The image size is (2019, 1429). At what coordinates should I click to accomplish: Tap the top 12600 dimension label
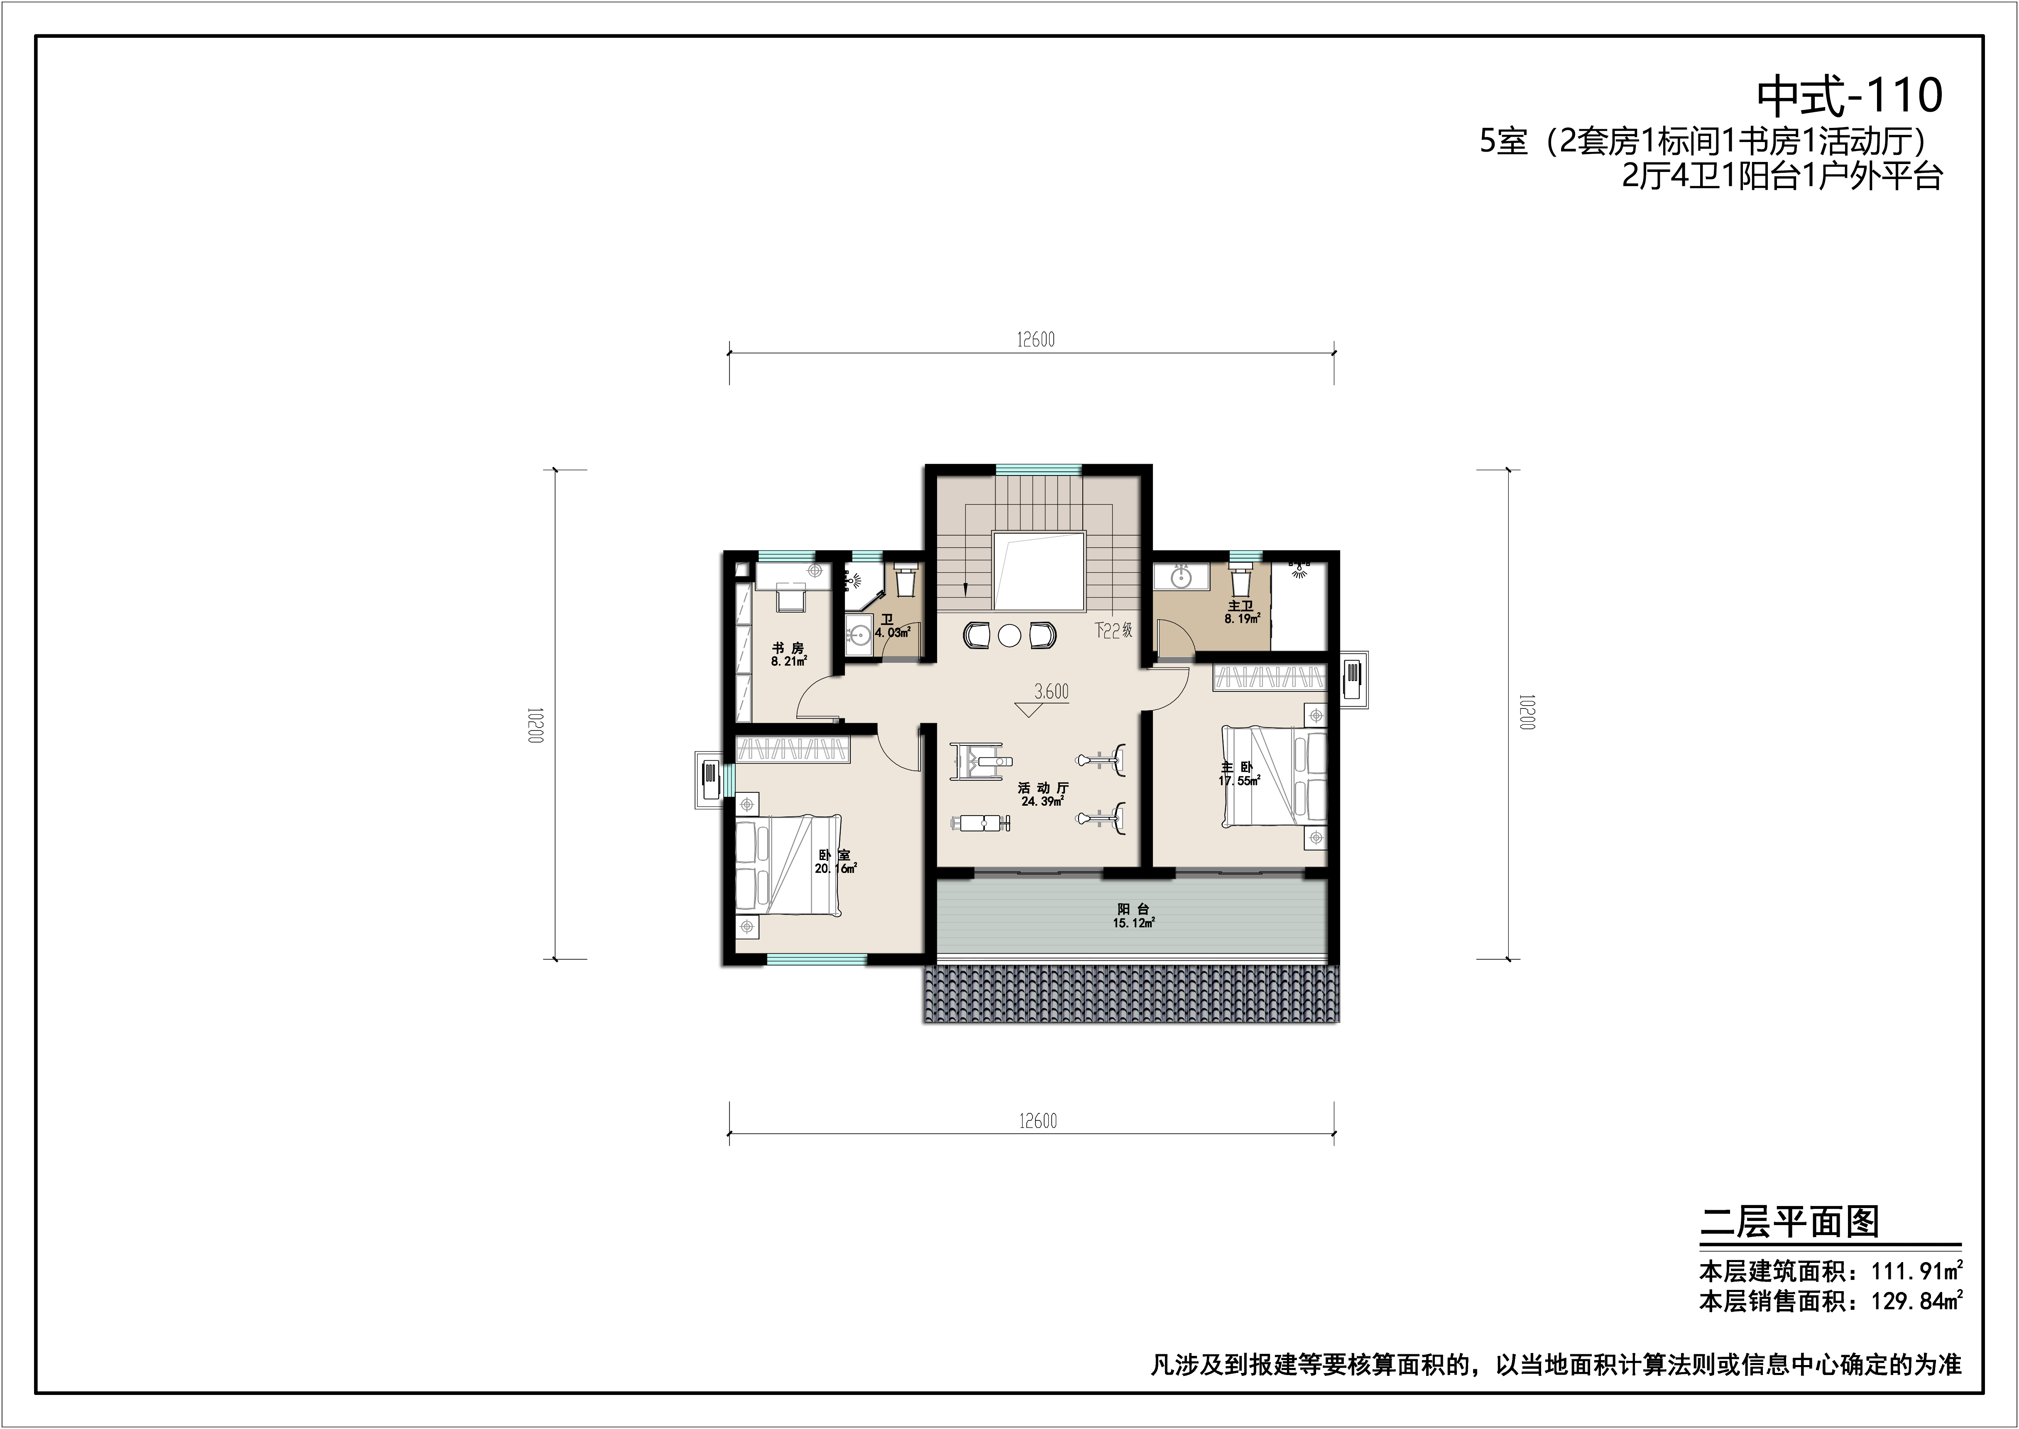click(1035, 340)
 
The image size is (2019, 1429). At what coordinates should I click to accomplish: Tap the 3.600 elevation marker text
click(1051, 691)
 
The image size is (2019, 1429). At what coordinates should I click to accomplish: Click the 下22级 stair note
click(1113, 631)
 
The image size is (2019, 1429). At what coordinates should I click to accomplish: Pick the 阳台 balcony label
click(1133, 909)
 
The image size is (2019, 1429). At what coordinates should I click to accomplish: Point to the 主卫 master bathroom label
click(1241, 605)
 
